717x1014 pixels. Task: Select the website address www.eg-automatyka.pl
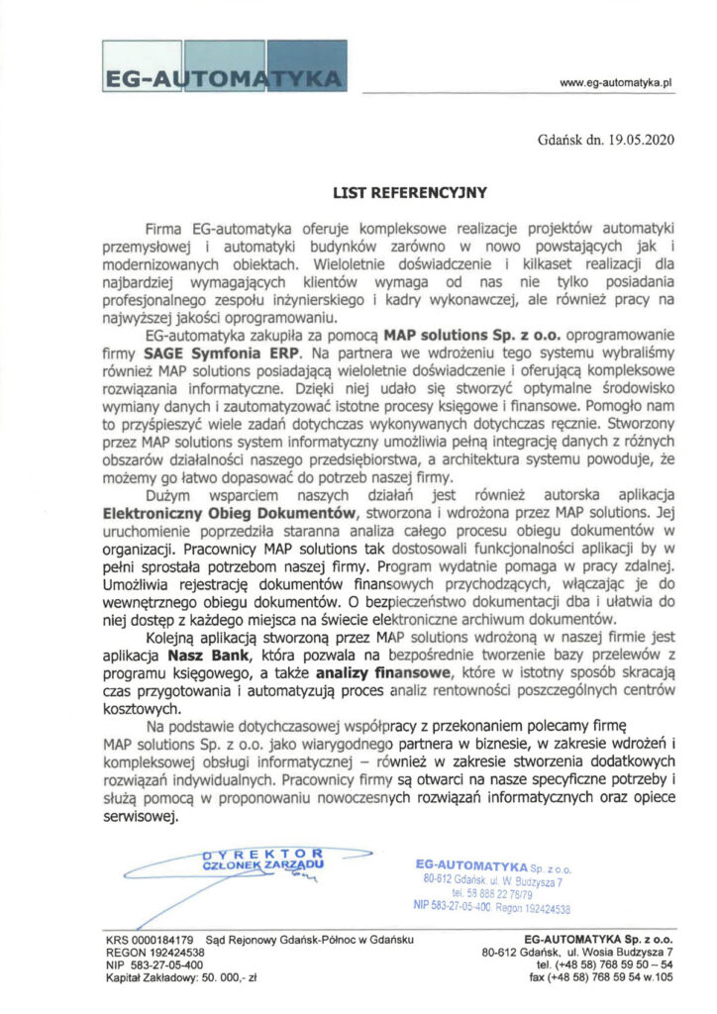point(616,84)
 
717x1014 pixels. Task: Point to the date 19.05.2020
point(641,140)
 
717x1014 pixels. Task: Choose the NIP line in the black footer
point(154,963)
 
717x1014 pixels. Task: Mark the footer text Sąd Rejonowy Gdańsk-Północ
point(309,938)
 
